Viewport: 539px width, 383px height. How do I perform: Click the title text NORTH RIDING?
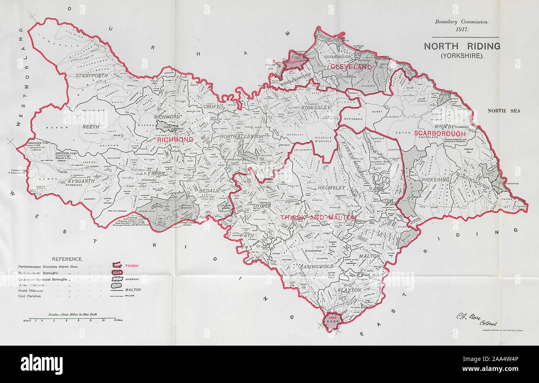(461, 46)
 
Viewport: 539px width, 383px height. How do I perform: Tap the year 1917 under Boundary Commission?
(461, 30)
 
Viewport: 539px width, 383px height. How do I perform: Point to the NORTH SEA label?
(503, 111)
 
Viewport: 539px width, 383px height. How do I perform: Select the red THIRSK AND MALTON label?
(318, 217)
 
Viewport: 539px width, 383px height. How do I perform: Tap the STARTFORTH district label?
(92, 76)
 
